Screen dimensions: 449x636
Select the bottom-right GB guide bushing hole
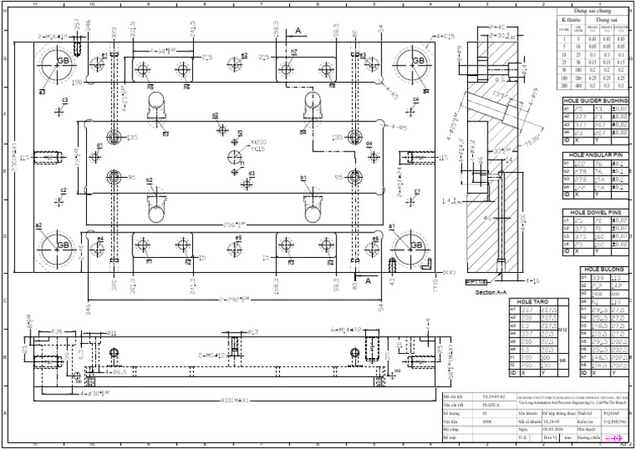click(415, 246)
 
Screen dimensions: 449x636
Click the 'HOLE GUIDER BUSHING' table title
click(595, 100)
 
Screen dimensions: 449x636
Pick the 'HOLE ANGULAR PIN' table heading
click(595, 155)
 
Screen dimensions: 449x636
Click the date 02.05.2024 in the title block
click(553, 429)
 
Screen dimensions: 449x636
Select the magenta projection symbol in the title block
click(613, 437)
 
